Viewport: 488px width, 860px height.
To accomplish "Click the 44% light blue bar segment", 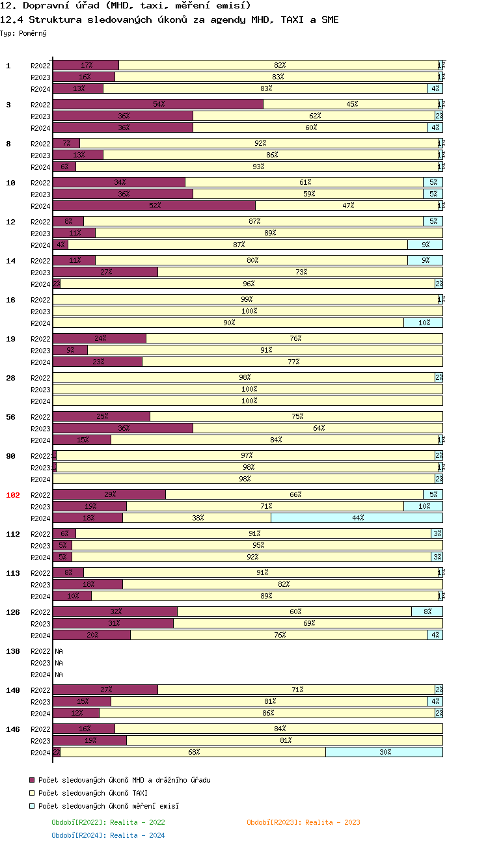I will [357, 518].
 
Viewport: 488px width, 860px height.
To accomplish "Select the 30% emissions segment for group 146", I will [384, 752].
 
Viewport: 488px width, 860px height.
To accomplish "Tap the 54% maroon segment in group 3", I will [158, 104].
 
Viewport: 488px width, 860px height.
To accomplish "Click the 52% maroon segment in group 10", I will [154, 206].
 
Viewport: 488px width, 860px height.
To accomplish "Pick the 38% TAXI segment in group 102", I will [197, 518].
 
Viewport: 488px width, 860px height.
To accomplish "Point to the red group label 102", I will [13, 495].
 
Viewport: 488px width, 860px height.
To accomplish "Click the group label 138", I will [13, 651].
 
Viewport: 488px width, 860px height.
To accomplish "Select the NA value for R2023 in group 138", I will [59, 663].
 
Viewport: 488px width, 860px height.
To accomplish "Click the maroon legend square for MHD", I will [32, 780].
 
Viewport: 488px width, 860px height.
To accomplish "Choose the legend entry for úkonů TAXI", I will [92, 793].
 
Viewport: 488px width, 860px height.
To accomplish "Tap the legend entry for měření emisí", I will [108, 806].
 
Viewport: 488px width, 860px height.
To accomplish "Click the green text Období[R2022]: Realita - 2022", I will [108, 822].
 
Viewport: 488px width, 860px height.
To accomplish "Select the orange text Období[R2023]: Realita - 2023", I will [303, 822].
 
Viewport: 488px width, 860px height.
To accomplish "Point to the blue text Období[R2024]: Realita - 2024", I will [108, 835].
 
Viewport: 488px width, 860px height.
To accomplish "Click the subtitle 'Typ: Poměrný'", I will [23, 33].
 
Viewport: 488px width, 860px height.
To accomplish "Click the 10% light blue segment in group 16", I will [423, 323].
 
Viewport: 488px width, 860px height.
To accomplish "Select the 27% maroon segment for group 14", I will [105, 272].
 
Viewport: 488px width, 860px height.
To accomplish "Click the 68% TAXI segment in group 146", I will [193, 752].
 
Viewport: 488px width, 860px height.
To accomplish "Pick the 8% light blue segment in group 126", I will [427, 611].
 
